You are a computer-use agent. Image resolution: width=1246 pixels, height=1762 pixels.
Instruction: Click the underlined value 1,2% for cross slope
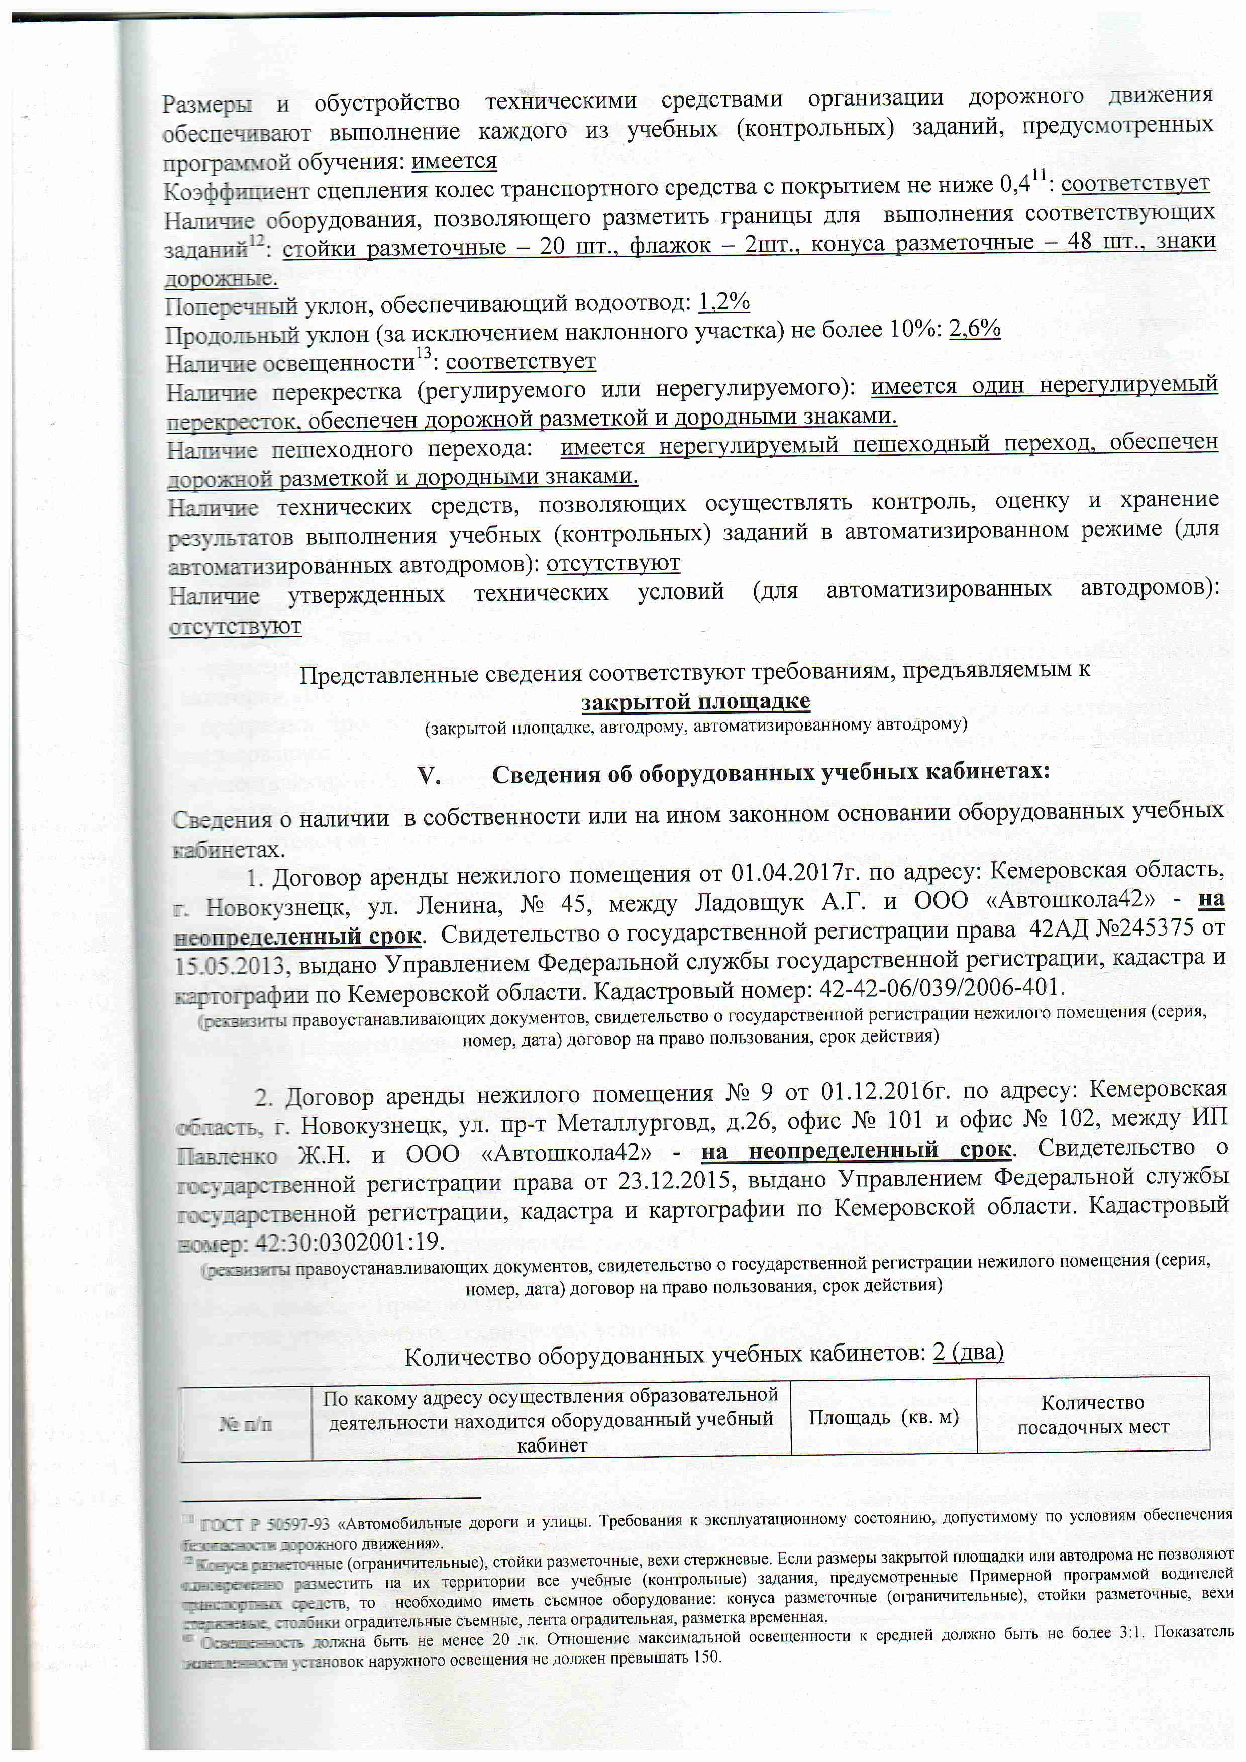click(723, 302)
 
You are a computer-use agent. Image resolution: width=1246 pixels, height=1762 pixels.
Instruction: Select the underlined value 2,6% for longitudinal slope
click(974, 329)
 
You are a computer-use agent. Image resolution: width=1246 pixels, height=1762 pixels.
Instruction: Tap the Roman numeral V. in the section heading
click(429, 775)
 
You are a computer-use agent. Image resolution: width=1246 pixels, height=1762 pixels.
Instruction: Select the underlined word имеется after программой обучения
click(454, 161)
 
